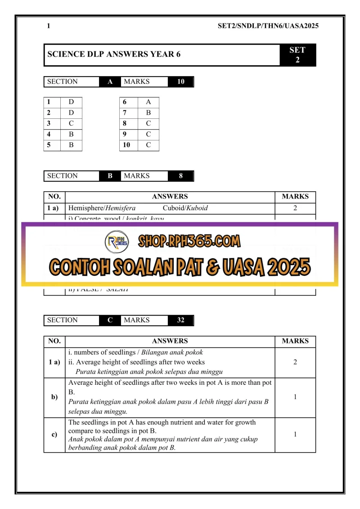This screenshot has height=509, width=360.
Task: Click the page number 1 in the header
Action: [49, 26]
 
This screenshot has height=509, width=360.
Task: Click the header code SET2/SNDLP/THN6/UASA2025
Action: [268, 26]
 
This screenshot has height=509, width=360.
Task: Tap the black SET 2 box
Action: [297, 55]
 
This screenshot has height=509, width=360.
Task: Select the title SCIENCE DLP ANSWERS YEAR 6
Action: [114, 54]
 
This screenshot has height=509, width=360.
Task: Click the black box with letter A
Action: [110, 82]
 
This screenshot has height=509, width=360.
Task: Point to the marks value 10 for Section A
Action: [180, 82]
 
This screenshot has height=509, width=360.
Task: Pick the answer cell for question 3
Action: [71, 123]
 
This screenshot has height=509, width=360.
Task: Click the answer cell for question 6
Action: [148, 102]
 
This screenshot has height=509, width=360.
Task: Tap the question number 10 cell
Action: [128, 145]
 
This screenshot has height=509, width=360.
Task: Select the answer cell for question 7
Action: [148, 113]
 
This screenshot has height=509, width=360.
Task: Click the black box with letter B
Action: [110, 176]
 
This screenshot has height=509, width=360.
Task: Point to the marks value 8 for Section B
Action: [180, 176]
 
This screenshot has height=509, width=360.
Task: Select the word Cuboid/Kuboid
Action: [185, 208]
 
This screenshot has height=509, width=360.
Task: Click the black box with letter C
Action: [110, 320]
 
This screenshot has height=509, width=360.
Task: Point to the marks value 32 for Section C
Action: [180, 320]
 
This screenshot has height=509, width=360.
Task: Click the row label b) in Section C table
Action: [54, 397]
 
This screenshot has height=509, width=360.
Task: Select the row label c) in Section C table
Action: [54, 435]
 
